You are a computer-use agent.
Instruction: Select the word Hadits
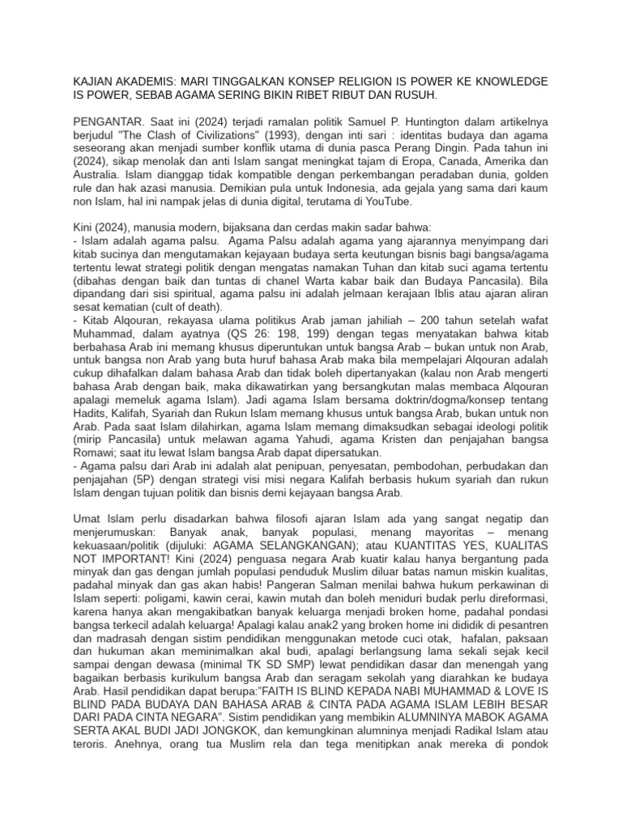(x=92, y=412)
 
